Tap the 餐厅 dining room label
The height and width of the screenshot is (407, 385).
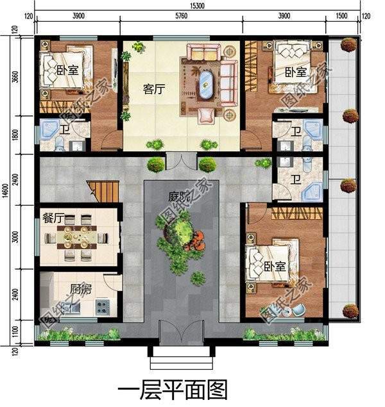pyautogui.click(x=52, y=218)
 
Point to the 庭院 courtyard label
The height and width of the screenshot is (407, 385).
pyautogui.click(x=180, y=199)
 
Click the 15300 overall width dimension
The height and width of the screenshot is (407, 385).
pyautogui.click(x=197, y=5)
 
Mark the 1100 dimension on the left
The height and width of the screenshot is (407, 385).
pyautogui.click(x=15, y=333)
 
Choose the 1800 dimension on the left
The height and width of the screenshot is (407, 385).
pyautogui.click(x=15, y=137)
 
